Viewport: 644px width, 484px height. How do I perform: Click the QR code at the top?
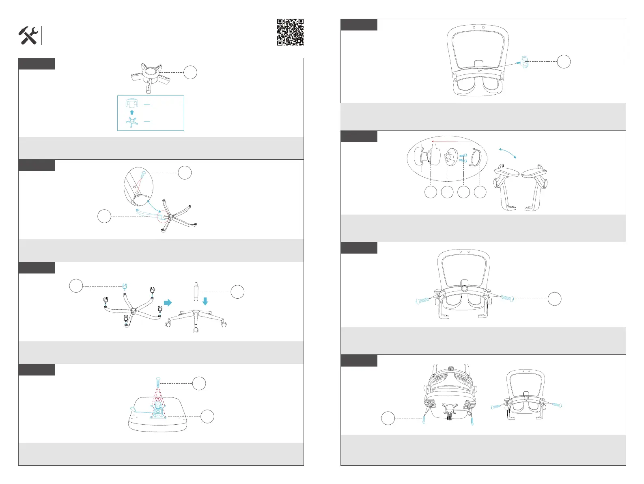pyautogui.click(x=290, y=32)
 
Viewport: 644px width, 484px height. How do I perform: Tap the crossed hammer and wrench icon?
pyautogui.click(x=28, y=36)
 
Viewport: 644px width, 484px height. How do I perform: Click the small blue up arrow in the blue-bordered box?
pyautogui.click(x=131, y=112)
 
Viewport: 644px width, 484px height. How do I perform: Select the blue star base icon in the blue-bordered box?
pyautogui.click(x=131, y=122)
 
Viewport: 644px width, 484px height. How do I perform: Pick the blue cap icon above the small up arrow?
pyautogui.click(x=131, y=103)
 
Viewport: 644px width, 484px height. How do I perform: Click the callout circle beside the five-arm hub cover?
pyautogui.click(x=190, y=73)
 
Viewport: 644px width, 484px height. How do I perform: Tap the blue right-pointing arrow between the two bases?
pyautogui.click(x=167, y=303)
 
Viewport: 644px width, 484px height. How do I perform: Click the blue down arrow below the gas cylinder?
pyautogui.click(x=205, y=301)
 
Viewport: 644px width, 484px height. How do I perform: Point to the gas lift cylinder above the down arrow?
pyautogui.click(x=195, y=291)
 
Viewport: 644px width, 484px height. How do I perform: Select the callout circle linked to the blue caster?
pyautogui.click(x=76, y=286)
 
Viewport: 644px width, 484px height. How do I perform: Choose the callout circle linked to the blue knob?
pyautogui.click(x=564, y=61)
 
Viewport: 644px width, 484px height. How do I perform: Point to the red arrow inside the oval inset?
pyautogui.click(x=450, y=141)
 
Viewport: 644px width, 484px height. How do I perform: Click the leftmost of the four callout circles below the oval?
pyautogui.click(x=431, y=192)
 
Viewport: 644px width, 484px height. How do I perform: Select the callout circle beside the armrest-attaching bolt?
pyautogui.click(x=554, y=299)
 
